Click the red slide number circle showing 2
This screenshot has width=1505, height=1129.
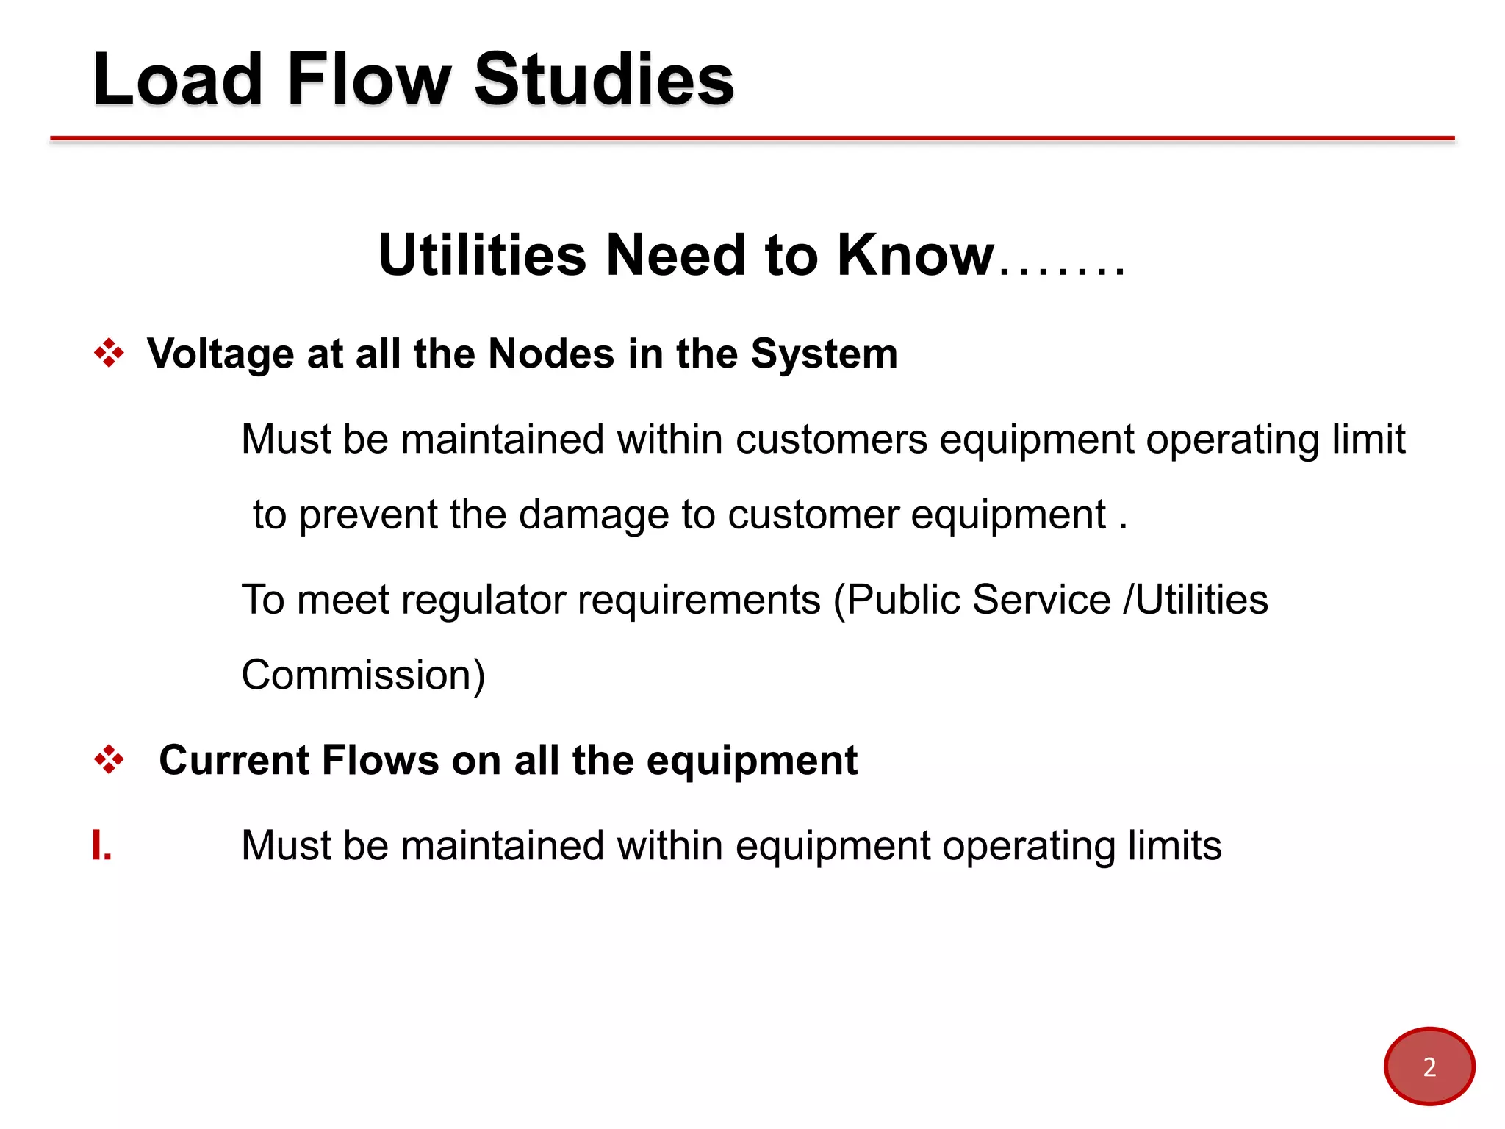[1429, 1066]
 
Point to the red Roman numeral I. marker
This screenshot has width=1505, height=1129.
[101, 845]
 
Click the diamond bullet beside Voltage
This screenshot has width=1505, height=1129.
[109, 354]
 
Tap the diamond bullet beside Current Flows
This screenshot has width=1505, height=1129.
[109, 759]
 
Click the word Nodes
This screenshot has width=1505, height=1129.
[551, 354]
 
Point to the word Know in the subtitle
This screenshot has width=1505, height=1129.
[916, 255]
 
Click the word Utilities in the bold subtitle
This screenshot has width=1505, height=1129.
[483, 255]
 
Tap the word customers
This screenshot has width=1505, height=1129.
[832, 440]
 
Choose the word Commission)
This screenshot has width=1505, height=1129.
[363, 675]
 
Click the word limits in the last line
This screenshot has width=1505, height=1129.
[1175, 845]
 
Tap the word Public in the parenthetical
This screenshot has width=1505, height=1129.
[903, 600]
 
